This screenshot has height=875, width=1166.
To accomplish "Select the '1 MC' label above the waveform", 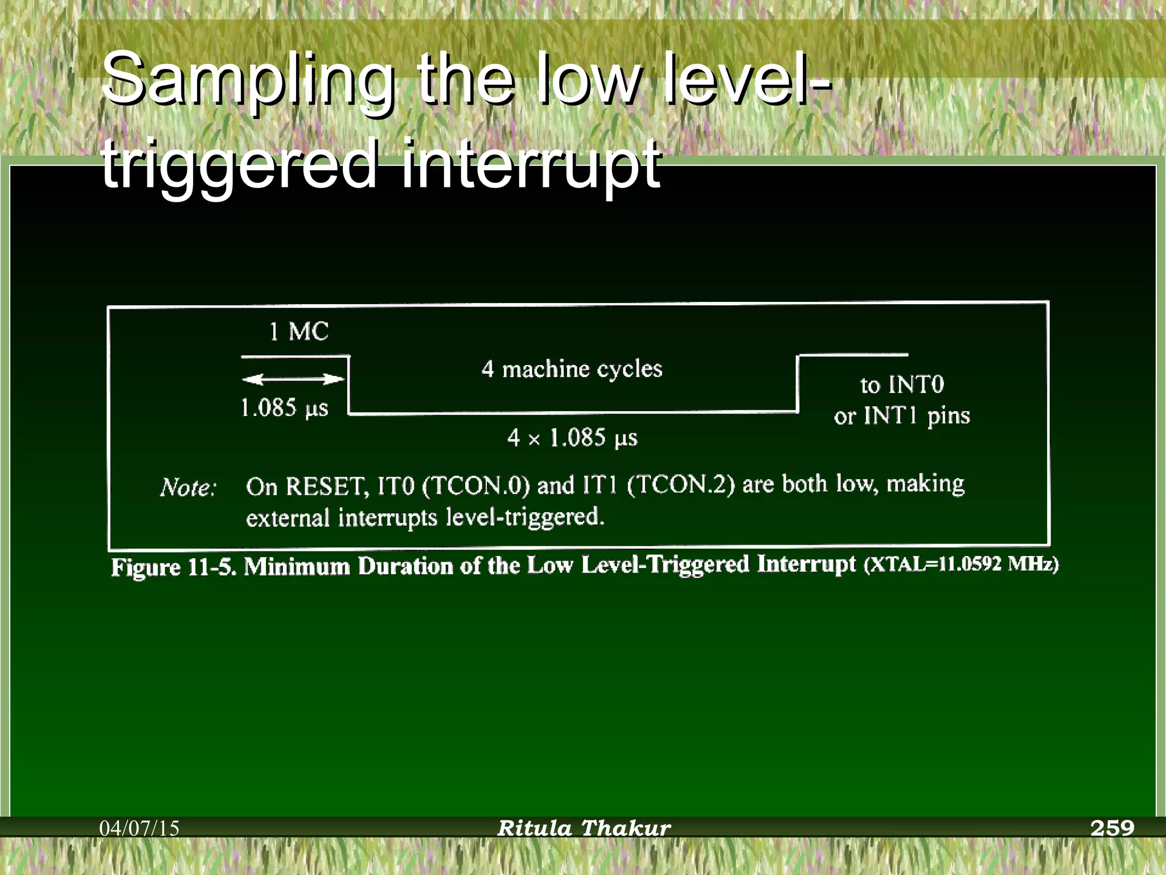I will point(298,332).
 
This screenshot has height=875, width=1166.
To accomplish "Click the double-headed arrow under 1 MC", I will point(293,379).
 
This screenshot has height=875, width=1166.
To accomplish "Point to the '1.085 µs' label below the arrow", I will point(284,408).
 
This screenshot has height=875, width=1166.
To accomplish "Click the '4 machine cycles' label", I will point(572,369).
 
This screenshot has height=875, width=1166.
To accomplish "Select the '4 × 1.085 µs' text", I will point(572,438).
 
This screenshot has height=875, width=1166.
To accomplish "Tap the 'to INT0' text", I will point(902,385).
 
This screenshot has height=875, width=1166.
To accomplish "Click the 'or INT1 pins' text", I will point(902,416).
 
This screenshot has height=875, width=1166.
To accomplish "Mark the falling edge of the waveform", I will point(349,385).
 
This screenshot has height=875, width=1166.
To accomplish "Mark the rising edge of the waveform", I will point(798,383).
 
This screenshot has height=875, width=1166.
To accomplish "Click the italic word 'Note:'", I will point(188,488).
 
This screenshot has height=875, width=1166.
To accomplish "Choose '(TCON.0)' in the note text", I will point(476,485).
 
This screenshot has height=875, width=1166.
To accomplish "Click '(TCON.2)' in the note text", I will point(681,484).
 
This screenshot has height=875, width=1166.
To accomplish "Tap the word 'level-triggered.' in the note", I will point(525,517).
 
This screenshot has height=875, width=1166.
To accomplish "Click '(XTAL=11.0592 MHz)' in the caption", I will point(961,564).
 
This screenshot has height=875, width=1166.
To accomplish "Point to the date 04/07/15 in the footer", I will point(139,828).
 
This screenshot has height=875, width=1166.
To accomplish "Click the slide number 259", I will point(1112,827).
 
